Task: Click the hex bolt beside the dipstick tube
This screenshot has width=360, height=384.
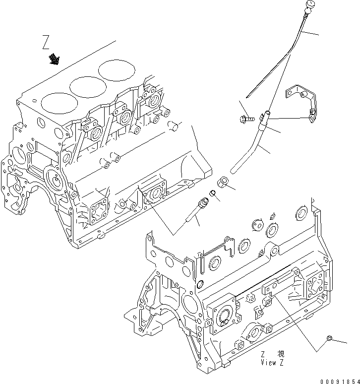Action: [246, 119]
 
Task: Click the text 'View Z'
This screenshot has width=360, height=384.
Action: [273, 362]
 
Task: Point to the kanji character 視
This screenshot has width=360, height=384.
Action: [281, 354]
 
